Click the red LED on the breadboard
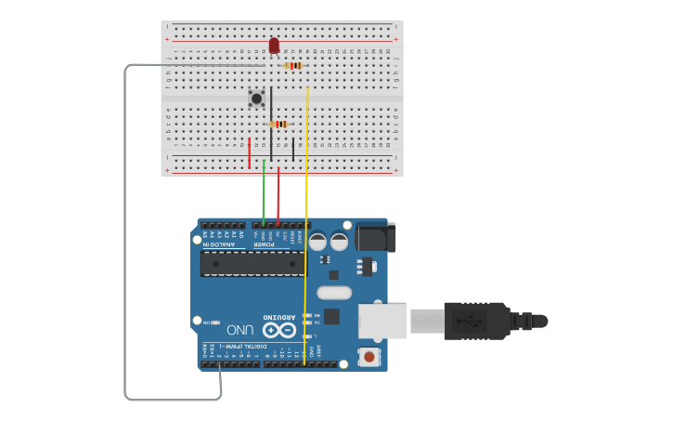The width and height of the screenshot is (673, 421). coord(274,45)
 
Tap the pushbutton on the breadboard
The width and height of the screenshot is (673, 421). coord(256,98)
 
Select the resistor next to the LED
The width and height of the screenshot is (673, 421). coord(293,65)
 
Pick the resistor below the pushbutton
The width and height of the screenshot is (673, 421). coord(278,124)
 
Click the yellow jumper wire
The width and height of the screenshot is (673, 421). coord(305,232)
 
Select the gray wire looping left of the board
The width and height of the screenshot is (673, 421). coord(125,232)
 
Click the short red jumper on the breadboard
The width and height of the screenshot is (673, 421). coord(249,153)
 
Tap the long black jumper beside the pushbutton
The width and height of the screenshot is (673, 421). coord(271,116)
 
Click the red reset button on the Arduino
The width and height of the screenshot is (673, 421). coord(369,357)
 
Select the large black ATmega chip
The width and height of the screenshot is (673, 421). coord(252,263)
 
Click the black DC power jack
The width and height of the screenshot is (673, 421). coord(375,237)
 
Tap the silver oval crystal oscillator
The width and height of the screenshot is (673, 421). coord(334,293)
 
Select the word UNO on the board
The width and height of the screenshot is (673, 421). coord(239,330)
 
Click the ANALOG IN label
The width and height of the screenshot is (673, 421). coord(220,243)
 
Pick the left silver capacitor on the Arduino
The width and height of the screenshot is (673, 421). coord(317,241)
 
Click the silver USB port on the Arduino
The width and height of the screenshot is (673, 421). coord(382,321)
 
